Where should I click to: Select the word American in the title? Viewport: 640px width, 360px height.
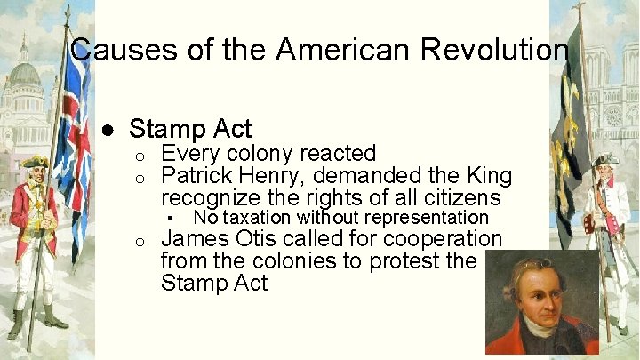[x=334, y=50]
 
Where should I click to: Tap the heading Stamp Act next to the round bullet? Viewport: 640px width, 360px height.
[x=190, y=129]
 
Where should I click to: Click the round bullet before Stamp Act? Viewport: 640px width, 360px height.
[x=107, y=130]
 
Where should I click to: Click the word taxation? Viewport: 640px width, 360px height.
[x=258, y=218]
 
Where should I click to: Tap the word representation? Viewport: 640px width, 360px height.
[x=427, y=218]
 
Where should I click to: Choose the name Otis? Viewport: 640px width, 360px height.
[x=259, y=239]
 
